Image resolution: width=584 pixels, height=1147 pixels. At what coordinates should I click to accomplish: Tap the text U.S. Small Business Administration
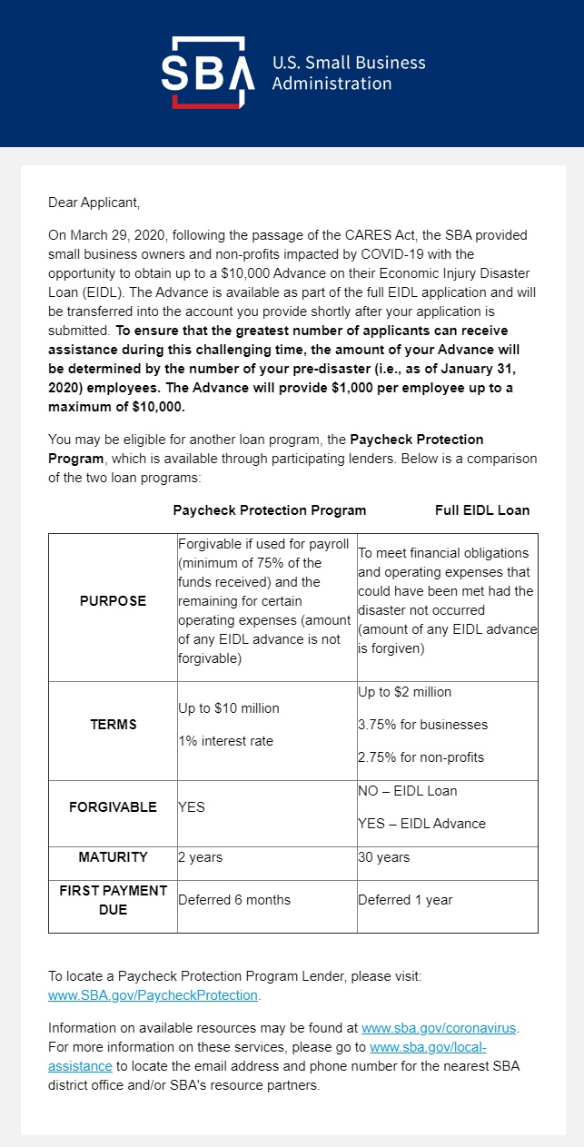(349, 73)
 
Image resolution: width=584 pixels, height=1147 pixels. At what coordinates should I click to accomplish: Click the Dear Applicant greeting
(94, 203)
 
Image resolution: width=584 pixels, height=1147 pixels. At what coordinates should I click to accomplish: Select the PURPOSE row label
(113, 601)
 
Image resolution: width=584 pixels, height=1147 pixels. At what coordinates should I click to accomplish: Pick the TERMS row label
(114, 725)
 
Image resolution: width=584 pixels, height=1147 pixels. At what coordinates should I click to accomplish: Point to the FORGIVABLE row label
(113, 806)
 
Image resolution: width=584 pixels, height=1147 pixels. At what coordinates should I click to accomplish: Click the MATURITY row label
(113, 856)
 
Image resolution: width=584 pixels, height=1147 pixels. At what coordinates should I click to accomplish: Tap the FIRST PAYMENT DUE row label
(113, 899)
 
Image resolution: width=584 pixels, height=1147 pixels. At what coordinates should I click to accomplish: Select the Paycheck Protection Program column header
(270, 510)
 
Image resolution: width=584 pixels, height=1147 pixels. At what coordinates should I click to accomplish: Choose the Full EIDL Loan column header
(482, 510)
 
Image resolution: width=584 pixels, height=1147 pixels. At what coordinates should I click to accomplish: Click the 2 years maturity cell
(200, 857)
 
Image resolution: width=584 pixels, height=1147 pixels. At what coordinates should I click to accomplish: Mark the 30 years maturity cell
(383, 857)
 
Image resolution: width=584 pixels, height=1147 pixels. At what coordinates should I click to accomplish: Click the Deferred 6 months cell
(234, 900)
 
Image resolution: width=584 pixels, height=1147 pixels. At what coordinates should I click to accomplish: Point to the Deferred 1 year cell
(405, 900)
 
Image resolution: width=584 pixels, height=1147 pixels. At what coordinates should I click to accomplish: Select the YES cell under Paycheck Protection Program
(192, 807)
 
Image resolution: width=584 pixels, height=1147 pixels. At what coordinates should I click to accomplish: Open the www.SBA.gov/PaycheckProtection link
(153, 995)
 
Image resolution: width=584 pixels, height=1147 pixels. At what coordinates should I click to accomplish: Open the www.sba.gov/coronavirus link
(439, 1028)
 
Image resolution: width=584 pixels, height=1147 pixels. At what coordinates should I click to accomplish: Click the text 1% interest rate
(225, 741)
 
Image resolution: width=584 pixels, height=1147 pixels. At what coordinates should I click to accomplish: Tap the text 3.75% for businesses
(422, 725)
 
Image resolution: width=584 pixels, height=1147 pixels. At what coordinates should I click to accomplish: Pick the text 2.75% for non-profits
(421, 757)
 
